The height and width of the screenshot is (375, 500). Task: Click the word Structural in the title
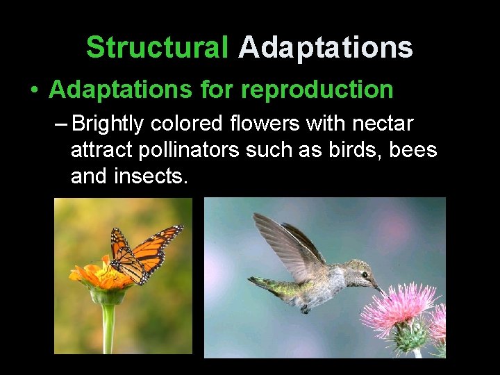157,48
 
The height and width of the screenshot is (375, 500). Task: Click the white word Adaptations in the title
325,48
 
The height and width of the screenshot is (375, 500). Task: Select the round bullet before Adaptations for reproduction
33,90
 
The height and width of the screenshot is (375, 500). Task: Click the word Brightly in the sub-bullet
108,124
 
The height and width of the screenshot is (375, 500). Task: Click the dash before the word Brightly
60,124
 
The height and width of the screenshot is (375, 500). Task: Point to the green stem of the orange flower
108,326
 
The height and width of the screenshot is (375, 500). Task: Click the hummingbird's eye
364,275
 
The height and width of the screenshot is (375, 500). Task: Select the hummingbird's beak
377,285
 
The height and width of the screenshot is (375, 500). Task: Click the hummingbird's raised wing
285,243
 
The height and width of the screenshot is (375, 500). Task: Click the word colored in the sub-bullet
185,124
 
